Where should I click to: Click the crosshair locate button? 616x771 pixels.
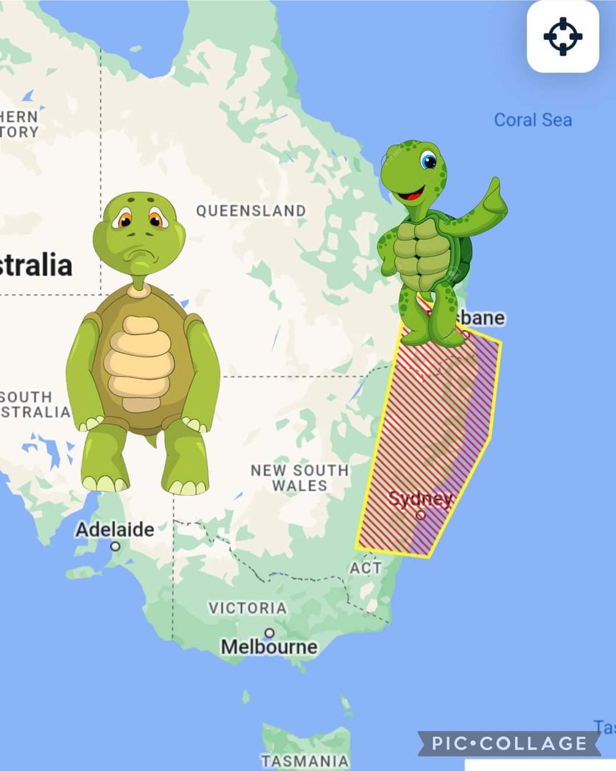pos(563,36)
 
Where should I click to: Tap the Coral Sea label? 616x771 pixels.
pos(533,120)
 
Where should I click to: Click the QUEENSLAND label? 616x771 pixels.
pos(251,211)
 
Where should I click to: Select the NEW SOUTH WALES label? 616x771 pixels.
pos(300,477)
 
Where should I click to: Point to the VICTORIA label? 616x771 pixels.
pos(248,607)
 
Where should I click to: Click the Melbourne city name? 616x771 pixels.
pos(269,647)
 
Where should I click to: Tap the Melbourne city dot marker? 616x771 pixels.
pos(269,633)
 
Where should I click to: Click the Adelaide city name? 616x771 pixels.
pos(115,530)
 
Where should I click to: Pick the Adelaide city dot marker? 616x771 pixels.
pos(115,546)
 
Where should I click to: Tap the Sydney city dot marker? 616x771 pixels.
pos(420,515)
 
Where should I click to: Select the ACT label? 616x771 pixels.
pos(366,568)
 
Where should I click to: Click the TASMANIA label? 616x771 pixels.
pos(305,761)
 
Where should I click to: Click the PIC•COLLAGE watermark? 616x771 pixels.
pos(509,744)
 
